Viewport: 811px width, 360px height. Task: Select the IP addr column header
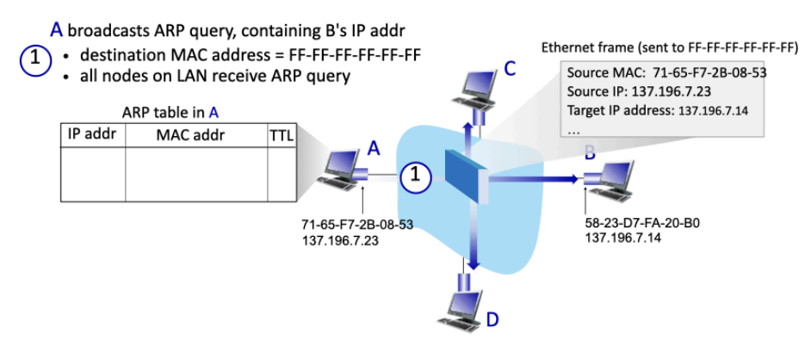click(92, 134)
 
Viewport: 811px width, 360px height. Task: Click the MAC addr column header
click(196, 134)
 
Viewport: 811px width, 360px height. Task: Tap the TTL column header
click(282, 135)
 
